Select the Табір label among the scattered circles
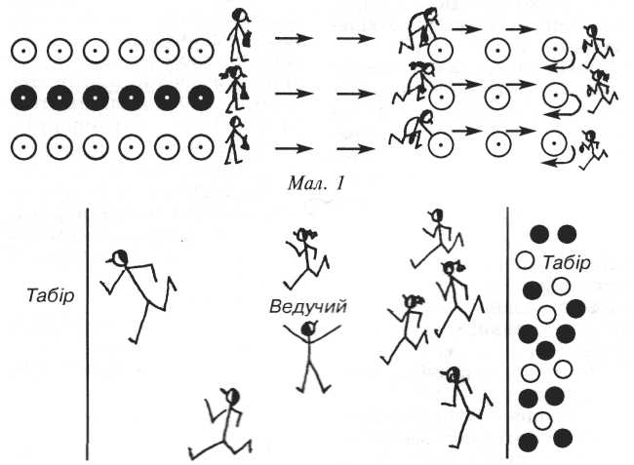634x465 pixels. click(x=566, y=261)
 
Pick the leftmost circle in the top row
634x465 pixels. click(x=22, y=48)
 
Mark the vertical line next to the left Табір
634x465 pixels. click(x=87, y=331)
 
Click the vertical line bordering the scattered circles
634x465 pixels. click(x=507, y=331)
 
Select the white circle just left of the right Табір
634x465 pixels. click(x=525, y=261)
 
